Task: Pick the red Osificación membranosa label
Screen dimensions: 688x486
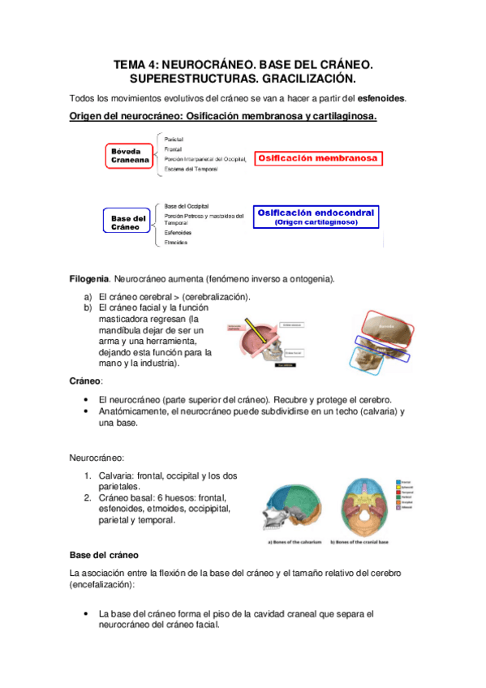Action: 317,159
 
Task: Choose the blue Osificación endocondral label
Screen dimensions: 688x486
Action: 316,216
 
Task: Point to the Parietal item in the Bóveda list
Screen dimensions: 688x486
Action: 174,140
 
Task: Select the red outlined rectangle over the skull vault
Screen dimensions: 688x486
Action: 387,329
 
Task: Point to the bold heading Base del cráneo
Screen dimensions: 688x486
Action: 105,554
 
